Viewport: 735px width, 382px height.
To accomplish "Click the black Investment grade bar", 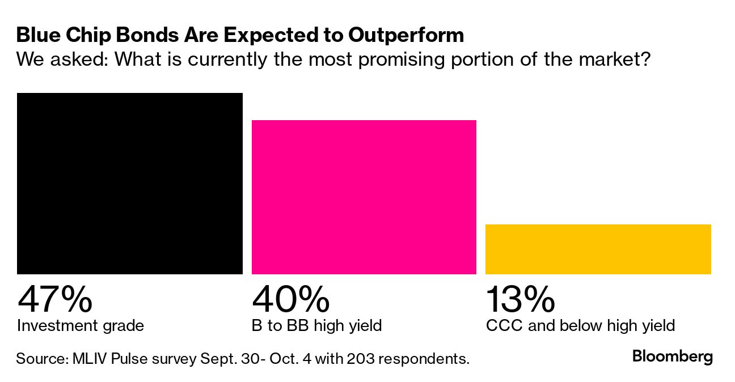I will tap(130, 184).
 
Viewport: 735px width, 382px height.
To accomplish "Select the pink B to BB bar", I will tap(364, 197).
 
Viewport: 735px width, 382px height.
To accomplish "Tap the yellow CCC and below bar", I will tap(598, 249).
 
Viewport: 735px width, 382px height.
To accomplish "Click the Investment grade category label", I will tap(81, 326).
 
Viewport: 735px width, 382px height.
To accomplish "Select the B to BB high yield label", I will tap(316, 326).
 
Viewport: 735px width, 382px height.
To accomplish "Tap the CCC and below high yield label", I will tap(580, 326).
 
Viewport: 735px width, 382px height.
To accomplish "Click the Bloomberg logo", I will tap(672, 357).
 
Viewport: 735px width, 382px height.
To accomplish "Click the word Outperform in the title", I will tap(406, 35).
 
